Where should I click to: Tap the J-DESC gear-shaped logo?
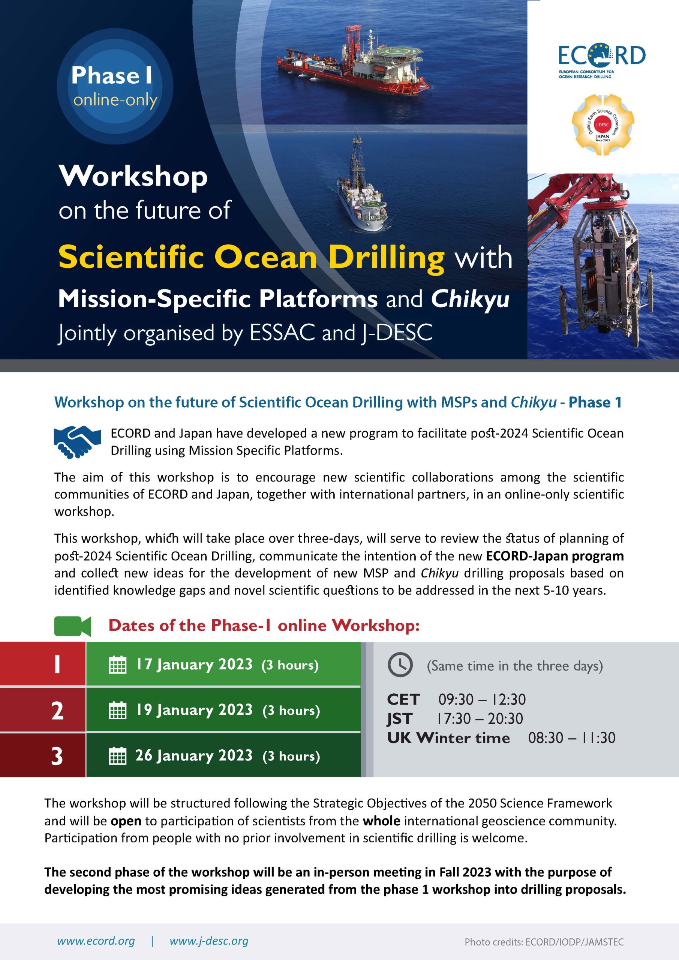click(603, 125)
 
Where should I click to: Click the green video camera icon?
click(72, 626)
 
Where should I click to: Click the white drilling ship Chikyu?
click(362, 189)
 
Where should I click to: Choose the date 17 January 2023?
click(195, 664)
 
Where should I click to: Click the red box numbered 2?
click(43, 710)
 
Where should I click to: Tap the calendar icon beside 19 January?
click(117, 710)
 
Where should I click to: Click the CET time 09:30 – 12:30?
click(482, 699)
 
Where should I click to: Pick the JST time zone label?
click(400, 718)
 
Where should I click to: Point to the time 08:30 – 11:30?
click(571, 738)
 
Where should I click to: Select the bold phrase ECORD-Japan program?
click(555, 556)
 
